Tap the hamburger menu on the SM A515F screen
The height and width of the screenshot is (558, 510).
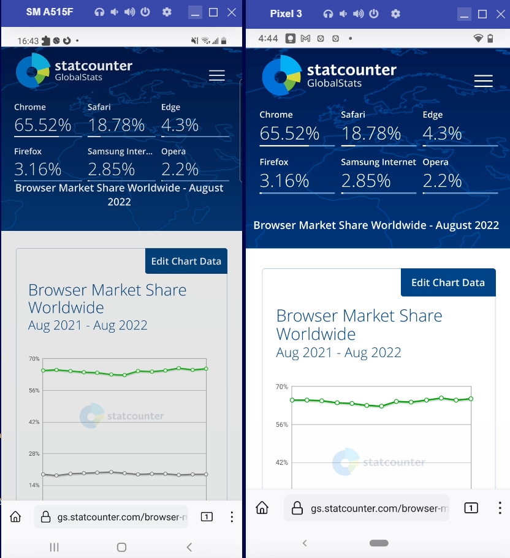click(x=217, y=75)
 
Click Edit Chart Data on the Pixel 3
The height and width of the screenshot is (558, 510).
click(x=447, y=282)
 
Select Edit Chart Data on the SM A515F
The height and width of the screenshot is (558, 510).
click(x=186, y=261)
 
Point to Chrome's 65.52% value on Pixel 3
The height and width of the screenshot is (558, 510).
click(x=289, y=134)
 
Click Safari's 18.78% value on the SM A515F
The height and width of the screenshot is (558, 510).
click(x=116, y=125)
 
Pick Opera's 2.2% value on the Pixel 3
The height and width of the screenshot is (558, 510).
click(x=442, y=181)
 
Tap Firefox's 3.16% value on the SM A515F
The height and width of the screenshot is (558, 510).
click(x=38, y=169)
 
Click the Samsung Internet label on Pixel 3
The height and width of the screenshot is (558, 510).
click(x=378, y=162)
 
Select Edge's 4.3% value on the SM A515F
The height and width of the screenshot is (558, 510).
click(x=180, y=125)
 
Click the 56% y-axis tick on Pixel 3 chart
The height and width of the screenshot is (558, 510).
click(x=281, y=424)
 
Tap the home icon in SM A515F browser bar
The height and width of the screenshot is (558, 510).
click(x=16, y=517)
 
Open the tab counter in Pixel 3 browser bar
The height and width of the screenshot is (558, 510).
click(x=471, y=508)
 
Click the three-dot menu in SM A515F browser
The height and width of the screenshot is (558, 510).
click(x=232, y=517)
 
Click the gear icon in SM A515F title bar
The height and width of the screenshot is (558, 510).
click(x=167, y=12)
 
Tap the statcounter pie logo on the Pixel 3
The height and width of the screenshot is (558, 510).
click(x=281, y=75)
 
